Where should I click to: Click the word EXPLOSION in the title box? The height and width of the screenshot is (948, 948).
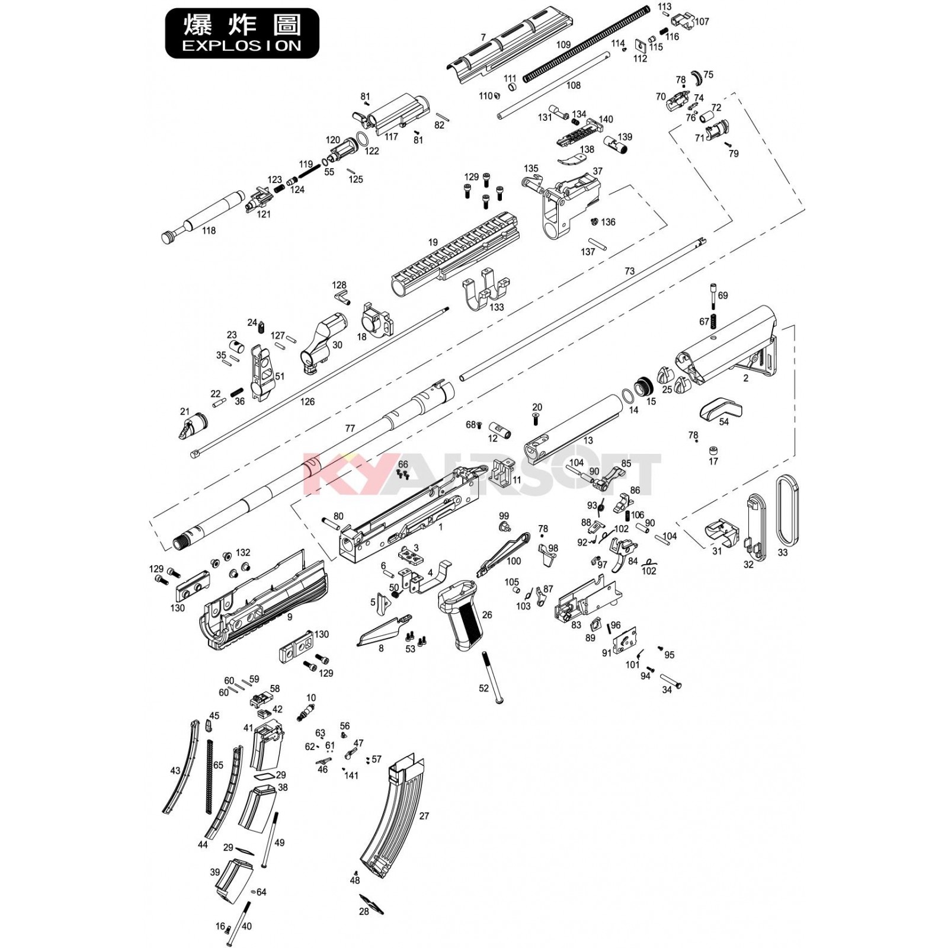241,46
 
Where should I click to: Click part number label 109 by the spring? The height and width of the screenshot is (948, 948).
563,45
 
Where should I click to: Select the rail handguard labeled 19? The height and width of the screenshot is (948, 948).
456,255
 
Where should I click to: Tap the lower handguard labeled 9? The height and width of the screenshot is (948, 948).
261,604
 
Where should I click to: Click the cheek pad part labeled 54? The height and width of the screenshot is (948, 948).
719,408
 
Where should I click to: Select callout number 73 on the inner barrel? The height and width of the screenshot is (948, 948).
629,271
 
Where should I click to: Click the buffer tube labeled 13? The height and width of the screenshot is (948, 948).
572,427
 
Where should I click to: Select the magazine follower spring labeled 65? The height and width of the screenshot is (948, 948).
209,776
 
